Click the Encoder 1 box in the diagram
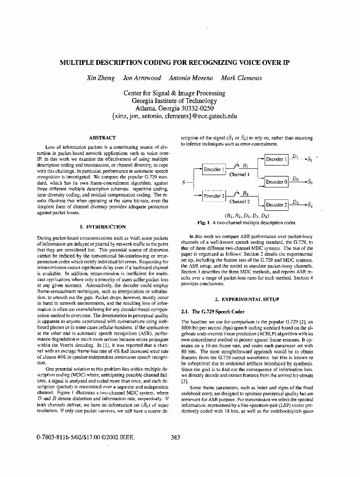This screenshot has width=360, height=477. [212, 169]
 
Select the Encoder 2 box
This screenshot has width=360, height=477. [213, 196]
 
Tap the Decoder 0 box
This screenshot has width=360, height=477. [277, 182]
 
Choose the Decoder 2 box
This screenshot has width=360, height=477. [277, 205]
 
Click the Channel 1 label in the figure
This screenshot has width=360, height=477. [239, 175]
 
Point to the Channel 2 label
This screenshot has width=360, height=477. [239, 201]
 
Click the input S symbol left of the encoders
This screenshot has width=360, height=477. [184, 182]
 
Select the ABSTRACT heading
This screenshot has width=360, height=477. [102, 137]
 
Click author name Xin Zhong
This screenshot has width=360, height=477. [100, 78]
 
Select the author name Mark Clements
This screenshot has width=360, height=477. [241, 78]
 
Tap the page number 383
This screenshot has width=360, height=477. [175, 436]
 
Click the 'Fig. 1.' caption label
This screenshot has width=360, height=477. [204, 222]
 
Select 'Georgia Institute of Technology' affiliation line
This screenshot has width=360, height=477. [174, 101]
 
